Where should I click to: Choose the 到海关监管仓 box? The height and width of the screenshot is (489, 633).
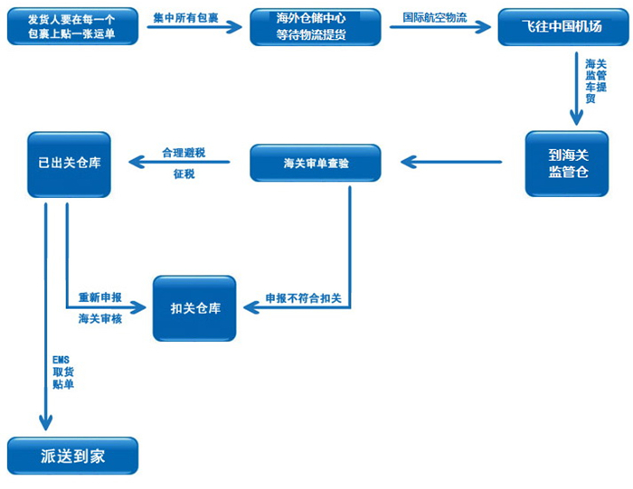click(567, 164)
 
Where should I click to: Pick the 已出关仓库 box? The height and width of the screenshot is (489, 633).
click(69, 164)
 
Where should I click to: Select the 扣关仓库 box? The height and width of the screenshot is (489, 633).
click(194, 308)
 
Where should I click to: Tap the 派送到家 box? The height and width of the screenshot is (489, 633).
click(72, 456)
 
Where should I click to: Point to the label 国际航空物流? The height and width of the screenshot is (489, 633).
click(435, 17)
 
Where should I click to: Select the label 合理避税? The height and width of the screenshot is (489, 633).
click(184, 153)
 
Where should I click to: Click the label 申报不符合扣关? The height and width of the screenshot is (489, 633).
click(302, 298)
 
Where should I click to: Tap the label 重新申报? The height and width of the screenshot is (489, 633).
click(100, 298)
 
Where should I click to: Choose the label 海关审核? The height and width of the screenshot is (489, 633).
click(100, 318)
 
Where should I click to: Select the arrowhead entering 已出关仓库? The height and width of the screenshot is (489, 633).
click(135, 163)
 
